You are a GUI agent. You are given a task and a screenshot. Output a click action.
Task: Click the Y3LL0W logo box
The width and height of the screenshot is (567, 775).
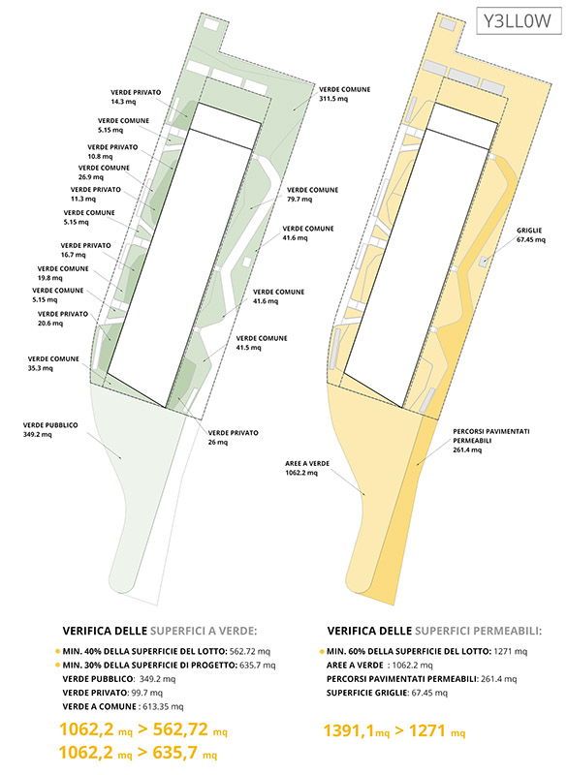[x=519, y=20]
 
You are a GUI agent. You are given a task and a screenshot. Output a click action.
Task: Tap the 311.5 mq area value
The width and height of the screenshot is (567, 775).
[x=333, y=99]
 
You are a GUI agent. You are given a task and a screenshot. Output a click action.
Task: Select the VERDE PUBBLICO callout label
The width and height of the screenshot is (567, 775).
[x=50, y=425]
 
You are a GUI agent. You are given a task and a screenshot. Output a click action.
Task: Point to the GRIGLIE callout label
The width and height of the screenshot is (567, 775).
[x=529, y=231]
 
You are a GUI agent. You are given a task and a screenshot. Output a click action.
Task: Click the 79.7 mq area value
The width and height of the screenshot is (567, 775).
[x=299, y=200]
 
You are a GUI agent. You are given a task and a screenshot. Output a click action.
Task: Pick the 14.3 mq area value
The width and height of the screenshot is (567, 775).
[x=123, y=102]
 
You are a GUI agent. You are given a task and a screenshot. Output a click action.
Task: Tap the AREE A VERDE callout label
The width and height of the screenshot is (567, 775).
[x=307, y=464]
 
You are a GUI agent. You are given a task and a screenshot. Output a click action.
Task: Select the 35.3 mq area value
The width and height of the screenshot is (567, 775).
[x=41, y=368]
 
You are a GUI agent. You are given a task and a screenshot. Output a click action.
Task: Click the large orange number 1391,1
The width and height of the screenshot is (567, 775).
[x=349, y=730]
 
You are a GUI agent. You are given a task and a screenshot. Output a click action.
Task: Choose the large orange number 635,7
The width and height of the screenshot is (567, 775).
[x=175, y=753]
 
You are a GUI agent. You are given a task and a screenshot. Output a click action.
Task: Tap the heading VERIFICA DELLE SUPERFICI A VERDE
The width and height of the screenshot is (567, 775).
[x=160, y=631]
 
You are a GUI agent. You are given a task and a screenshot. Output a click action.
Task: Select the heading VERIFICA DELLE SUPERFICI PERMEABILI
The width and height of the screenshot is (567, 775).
[x=434, y=631]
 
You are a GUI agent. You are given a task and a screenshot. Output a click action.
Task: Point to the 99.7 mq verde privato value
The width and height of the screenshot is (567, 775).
[x=146, y=693]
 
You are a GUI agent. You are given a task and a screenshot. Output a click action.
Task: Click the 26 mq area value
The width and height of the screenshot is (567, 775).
[x=217, y=443]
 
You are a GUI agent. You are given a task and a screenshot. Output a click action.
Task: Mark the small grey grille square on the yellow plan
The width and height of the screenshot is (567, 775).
[x=484, y=261]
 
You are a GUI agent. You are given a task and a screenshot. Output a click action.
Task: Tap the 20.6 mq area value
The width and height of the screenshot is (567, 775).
[x=50, y=324]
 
